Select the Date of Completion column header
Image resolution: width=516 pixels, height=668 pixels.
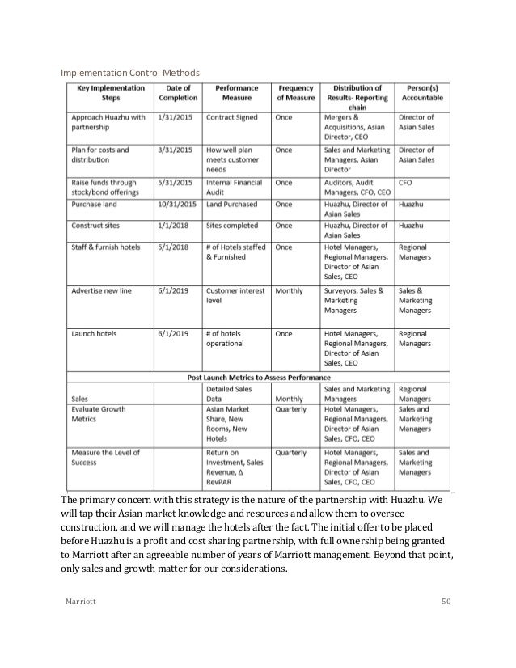click(177, 93)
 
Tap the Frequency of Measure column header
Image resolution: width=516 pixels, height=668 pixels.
click(295, 93)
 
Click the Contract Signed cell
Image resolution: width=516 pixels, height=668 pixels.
click(231, 117)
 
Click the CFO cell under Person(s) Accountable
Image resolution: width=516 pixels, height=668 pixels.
click(405, 183)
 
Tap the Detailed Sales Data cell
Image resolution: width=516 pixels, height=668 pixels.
click(229, 394)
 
